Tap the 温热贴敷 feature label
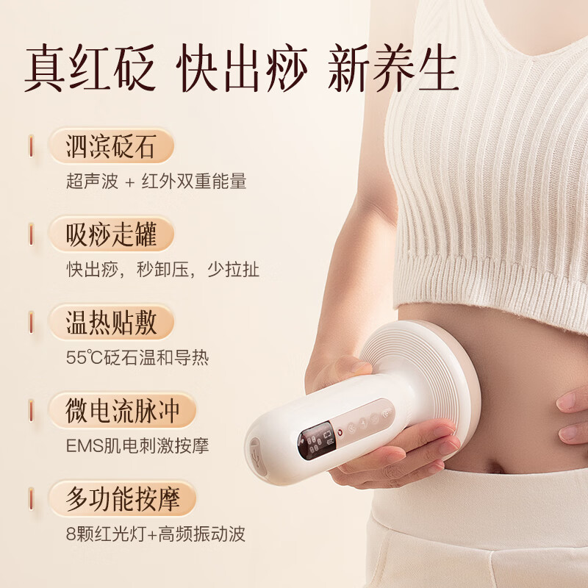(111, 323)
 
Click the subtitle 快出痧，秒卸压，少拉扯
(162, 270)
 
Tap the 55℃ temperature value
(81, 358)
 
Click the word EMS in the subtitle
(82, 446)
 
